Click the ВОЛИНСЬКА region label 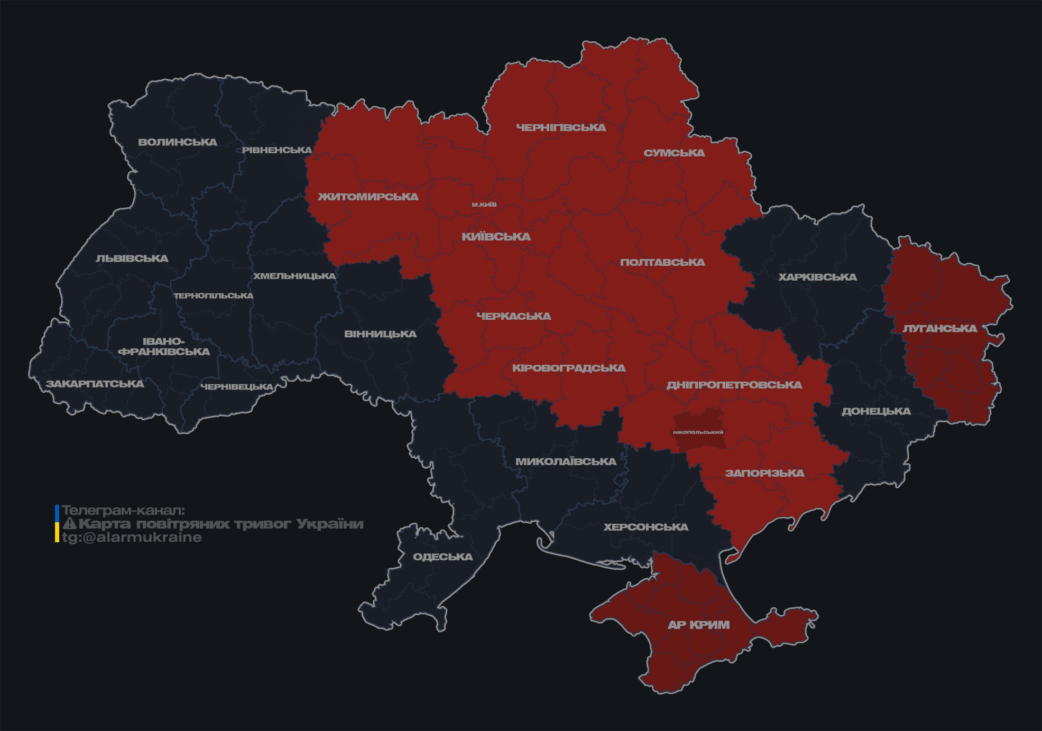click(178, 142)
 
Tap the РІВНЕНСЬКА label click(277, 150)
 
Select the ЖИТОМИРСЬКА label click(368, 197)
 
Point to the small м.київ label click(484, 205)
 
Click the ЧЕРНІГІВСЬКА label click(561, 127)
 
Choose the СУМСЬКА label click(674, 153)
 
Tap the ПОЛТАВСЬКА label click(662, 262)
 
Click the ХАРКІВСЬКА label click(817, 277)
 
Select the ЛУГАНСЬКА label click(940, 328)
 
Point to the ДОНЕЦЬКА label click(876, 411)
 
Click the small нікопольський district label click(698, 432)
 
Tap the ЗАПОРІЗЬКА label click(764, 473)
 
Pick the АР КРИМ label click(698, 625)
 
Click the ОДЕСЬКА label click(442, 557)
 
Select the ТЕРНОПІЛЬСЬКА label click(214, 295)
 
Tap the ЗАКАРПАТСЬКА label click(95, 384)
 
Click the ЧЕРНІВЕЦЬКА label click(237, 387)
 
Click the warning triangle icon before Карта click(69, 524)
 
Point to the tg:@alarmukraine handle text click(132, 538)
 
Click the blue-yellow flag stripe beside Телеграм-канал click(57, 524)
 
